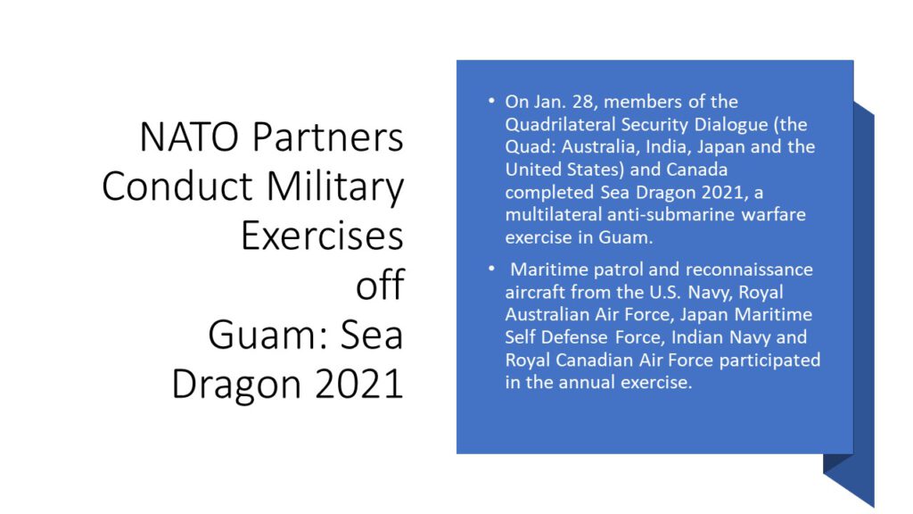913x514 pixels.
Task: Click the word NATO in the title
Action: click(189, 137)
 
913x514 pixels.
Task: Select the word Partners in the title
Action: click(328, 137)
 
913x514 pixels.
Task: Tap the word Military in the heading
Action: click(335, 187)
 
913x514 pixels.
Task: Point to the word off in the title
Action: click(380, 285)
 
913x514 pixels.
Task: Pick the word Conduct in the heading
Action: click(177, 187)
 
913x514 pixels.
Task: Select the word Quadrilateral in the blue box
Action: click(560, 125)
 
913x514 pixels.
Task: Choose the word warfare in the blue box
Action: click(774, 215)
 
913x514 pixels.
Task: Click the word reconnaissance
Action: click(750, 269)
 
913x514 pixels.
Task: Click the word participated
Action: click(769, 361)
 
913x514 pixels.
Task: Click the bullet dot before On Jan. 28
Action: click(491, 102)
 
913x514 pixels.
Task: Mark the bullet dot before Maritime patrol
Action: click(491, 269)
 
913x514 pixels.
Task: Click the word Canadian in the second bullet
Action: click(594, 361)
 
